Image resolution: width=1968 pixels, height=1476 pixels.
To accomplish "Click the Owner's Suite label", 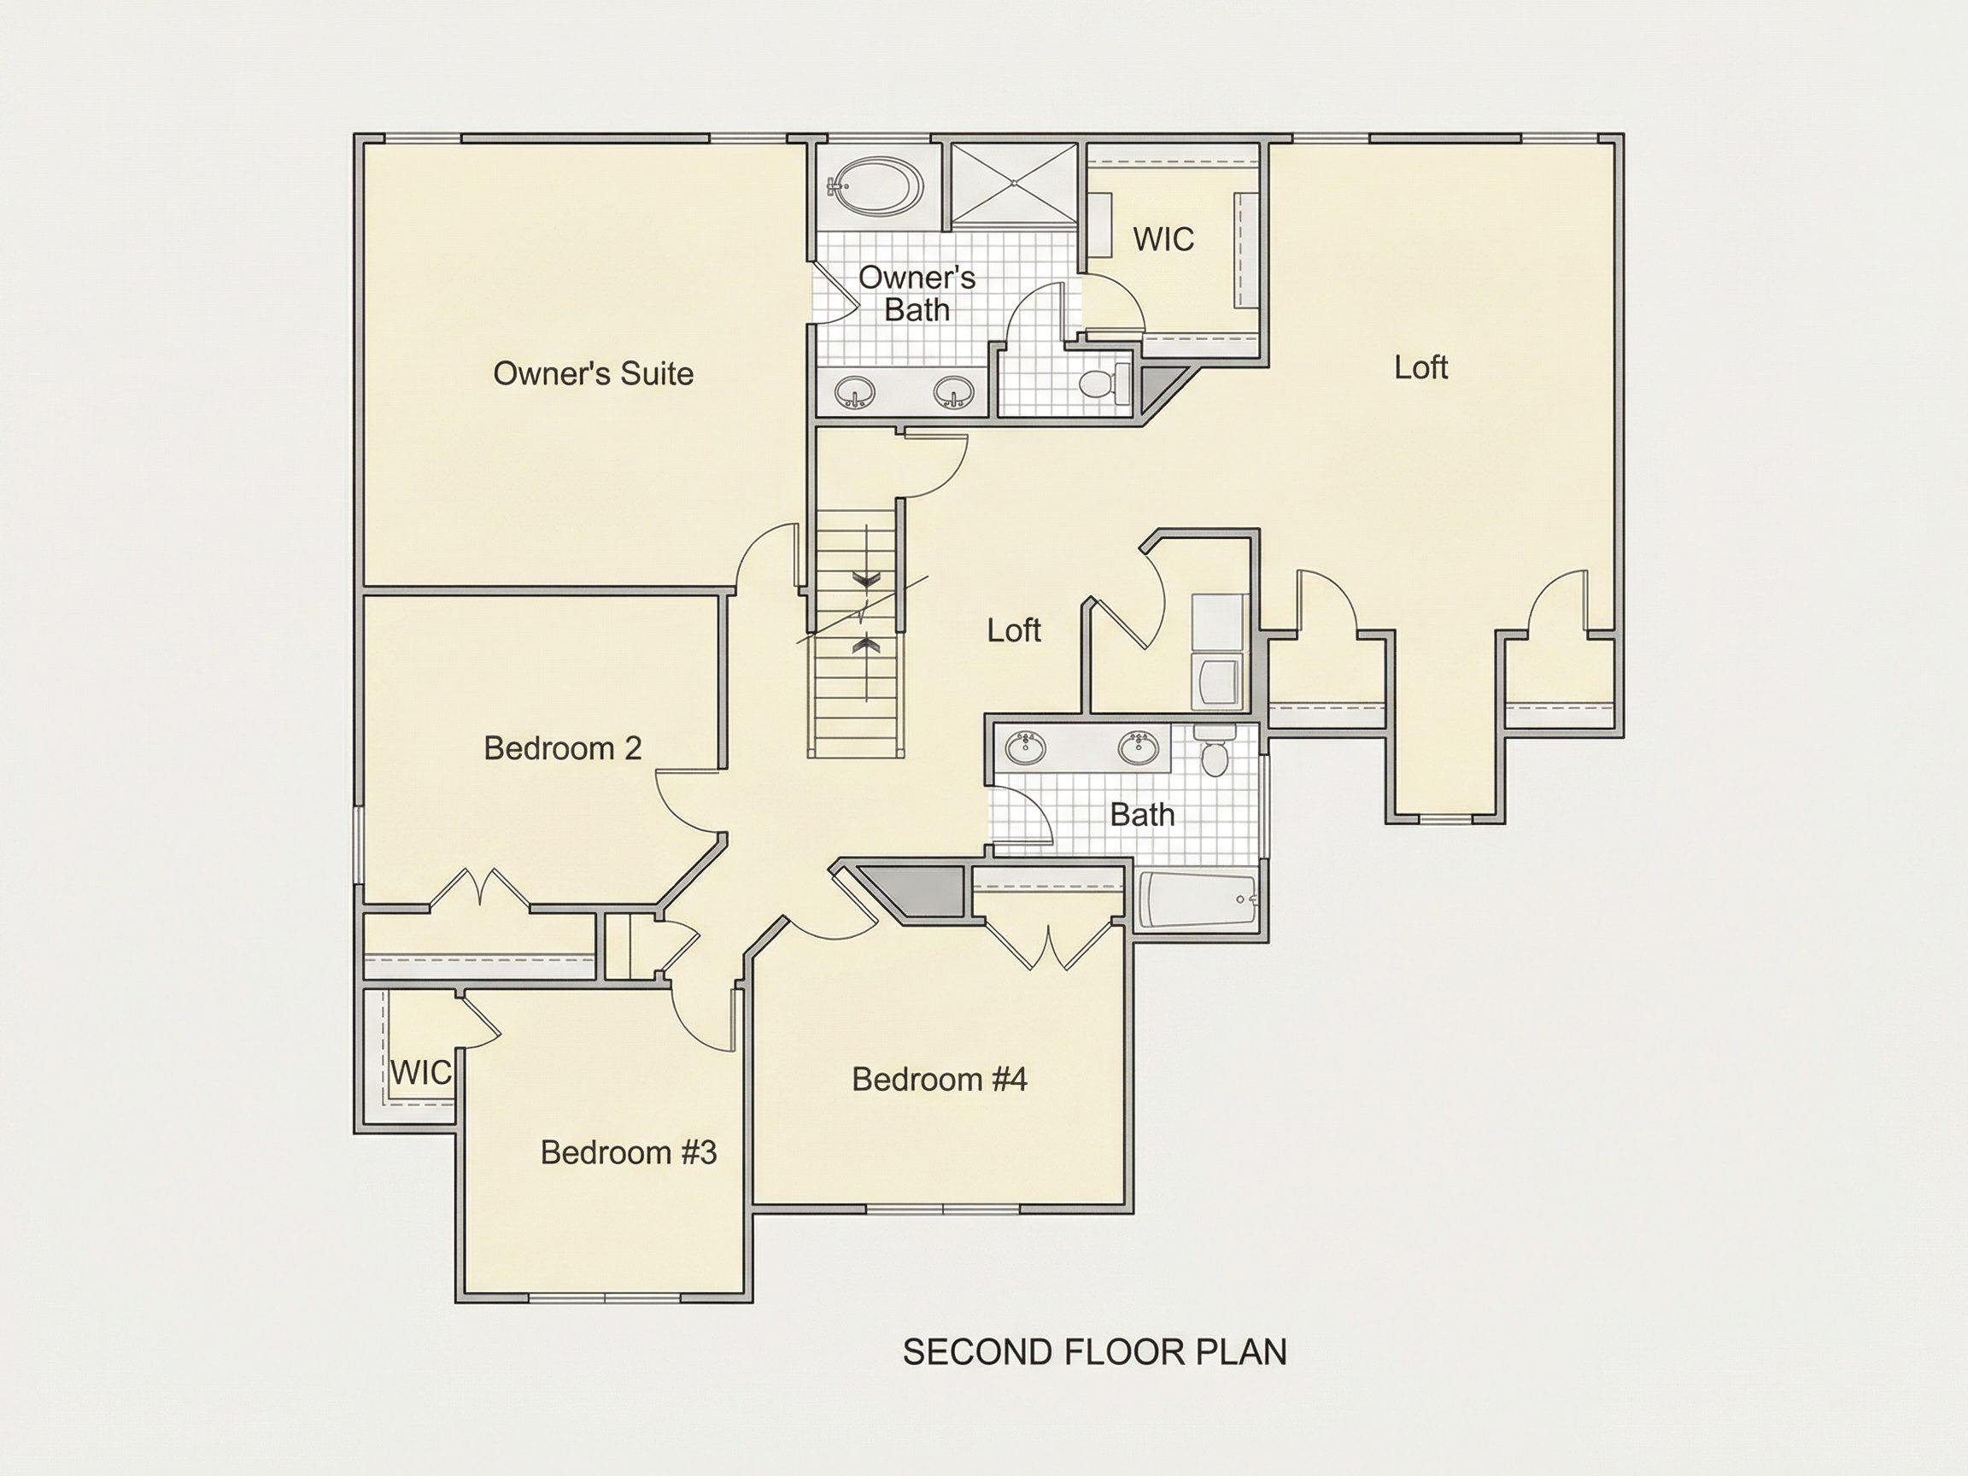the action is (594, 373).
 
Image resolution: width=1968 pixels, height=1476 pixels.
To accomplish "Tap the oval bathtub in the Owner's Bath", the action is (876, 187).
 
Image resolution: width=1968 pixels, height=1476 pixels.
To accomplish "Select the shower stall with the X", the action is (1014, 184).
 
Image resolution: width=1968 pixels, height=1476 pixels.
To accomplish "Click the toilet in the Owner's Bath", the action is (1104, 384).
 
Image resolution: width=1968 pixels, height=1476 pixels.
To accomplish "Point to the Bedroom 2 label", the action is (562, 748).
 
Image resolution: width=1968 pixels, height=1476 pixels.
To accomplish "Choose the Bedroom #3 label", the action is (628, 1152).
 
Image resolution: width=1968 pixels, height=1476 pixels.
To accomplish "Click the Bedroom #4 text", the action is (940, 1079).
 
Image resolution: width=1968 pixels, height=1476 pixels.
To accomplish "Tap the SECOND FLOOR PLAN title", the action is (1094, 1351).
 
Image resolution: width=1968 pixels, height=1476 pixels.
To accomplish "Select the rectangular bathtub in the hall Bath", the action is (1198, 899).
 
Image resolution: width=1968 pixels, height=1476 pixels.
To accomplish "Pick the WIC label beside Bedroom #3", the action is (421, 1072).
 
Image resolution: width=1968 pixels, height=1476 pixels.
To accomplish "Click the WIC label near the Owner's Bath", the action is (1163, 239).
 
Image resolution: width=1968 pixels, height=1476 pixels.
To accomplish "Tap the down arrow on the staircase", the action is (865, 580).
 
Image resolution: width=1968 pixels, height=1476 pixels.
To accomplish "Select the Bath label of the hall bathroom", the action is (1142, 814).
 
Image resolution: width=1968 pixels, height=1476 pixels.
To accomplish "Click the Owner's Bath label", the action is (917, 294).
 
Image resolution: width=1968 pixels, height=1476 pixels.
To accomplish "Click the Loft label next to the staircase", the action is (1013, 630).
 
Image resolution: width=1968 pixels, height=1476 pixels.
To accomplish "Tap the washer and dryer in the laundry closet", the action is (1217, 651).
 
